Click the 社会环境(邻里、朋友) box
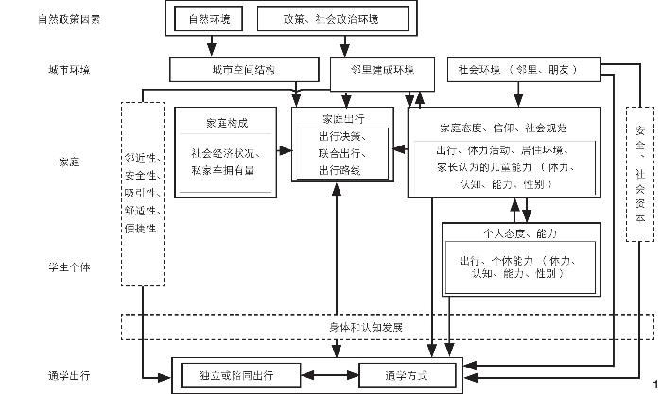[x=516, y=69]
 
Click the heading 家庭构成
[x=227, y=123]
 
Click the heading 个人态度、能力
[x=520, y=232]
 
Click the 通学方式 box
[x=406, y=375]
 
